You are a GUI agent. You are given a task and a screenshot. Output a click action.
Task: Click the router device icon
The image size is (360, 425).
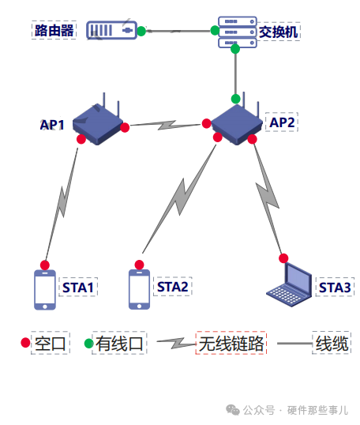point(111,30)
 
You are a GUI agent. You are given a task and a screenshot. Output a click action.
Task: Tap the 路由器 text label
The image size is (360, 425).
point(54,30)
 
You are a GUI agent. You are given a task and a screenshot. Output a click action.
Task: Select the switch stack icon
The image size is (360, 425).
point(238,32)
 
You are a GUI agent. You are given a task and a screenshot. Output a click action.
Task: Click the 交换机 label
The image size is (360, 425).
point(279,32)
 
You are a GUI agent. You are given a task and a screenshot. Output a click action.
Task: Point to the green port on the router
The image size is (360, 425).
point(141,31)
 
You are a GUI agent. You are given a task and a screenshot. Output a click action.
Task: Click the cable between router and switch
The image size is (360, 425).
point(178,31)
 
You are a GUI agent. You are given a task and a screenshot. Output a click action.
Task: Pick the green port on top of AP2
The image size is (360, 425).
point(236,99)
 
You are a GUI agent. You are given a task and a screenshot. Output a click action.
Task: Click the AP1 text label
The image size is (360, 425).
point(52,125)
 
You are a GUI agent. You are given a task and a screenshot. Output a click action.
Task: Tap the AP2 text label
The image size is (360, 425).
point(282,122)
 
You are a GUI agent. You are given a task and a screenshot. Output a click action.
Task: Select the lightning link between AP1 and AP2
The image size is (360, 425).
point(166,125)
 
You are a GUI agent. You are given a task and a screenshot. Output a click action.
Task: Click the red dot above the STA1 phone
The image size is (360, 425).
point(45,265)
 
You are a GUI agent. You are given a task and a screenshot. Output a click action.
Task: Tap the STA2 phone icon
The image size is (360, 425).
point(139,289)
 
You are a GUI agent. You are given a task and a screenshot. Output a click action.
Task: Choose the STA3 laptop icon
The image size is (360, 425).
point(289,284)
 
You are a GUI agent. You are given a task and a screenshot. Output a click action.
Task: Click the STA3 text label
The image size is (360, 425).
point(335,288)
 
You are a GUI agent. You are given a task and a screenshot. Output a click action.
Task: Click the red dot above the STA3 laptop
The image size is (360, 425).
point(283,258)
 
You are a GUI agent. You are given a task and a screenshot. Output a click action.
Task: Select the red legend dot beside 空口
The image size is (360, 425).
point(25,342)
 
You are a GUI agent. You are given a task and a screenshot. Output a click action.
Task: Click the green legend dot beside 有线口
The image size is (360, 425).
point(89,343)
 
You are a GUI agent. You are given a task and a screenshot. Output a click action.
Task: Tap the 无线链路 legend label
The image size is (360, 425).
point(231,344)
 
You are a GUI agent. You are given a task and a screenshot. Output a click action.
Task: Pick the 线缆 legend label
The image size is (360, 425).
point(332,344)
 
